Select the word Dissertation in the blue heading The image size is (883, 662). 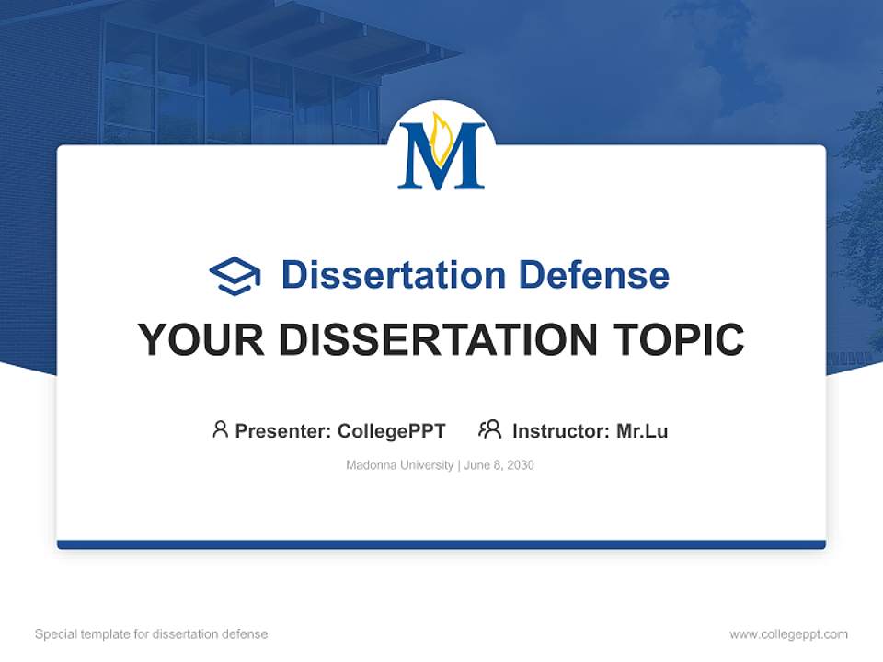coord(393,275)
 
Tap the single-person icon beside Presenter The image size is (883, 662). coord(220,429)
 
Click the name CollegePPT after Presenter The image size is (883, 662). coord(392,430)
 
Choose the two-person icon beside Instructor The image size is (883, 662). coord(490,429)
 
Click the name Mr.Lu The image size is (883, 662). coord(642,430)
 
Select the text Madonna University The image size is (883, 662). coord(399,465)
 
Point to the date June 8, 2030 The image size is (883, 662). coord(499,465)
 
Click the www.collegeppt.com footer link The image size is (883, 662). coord(788,634)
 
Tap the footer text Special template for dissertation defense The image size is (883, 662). coord(152,634)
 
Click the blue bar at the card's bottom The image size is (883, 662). coord(441,544)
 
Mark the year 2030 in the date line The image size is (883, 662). coord(520,465)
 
